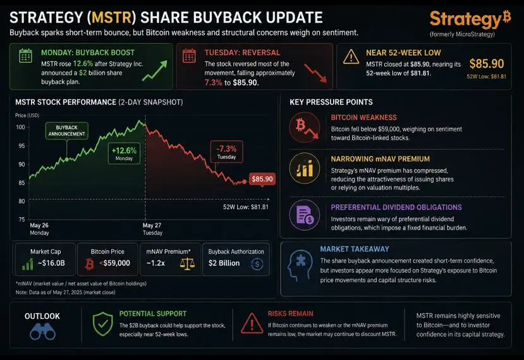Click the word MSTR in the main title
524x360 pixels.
[112, 18]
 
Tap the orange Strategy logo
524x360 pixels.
[470, 19]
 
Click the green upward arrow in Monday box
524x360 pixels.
[155, 71]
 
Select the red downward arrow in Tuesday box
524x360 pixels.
[315, 73]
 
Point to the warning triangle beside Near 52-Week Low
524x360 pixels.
[351, 57]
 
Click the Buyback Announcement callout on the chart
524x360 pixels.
[67, 131]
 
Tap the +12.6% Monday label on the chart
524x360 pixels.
[124, 154]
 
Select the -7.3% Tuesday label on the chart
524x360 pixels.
[226, 152]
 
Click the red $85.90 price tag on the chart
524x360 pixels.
[262, 179]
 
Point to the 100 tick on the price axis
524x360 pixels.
[20, 127]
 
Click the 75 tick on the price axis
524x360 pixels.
[21, 220]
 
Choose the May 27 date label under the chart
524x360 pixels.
[152, 225]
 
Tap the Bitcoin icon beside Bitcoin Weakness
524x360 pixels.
[305, 127]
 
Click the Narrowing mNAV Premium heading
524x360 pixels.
[381, 159]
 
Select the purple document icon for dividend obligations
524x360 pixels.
[305, 215]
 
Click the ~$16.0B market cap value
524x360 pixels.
[51, 263]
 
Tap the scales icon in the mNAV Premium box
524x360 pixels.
[187, 264]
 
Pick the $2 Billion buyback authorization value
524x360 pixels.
[224, 263]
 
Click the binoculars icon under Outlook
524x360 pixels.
[42, 332]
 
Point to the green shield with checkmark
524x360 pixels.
[102, 324]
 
